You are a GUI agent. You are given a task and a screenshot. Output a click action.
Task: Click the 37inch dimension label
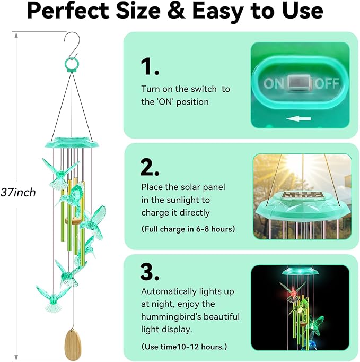(x=18, y=192)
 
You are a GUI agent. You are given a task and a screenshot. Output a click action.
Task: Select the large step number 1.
(x=150, y=67)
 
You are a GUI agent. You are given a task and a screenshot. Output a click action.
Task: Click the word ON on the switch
(x=274, y=83)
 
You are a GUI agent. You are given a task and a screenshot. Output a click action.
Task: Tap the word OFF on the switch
(x=327, y=83)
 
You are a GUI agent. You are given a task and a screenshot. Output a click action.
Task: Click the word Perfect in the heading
(x=73, y=12)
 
